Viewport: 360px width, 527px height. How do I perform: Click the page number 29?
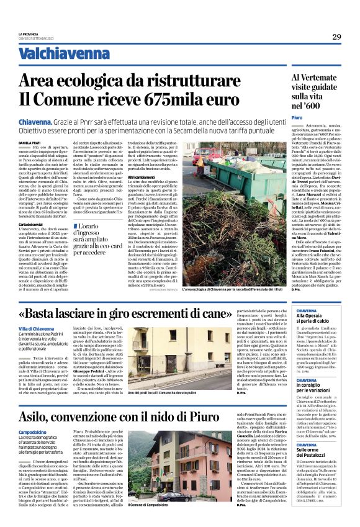click(x=336, y=37)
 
